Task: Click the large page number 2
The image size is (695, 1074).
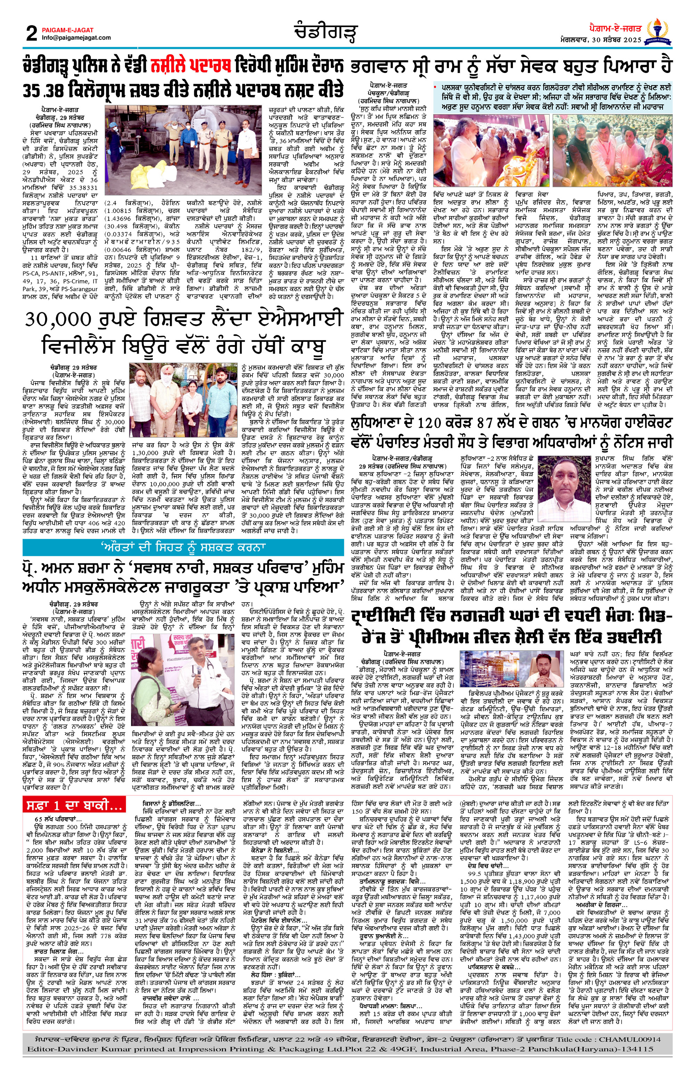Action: tap(32, 33)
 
